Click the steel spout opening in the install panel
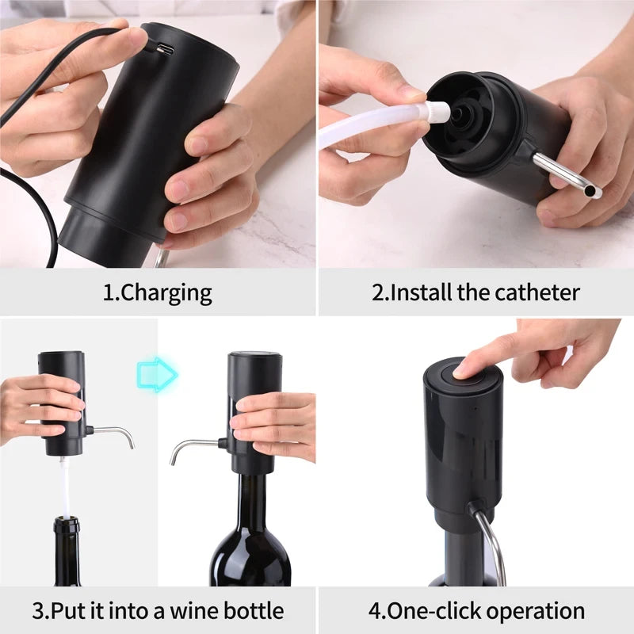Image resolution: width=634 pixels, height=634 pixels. (594, 192)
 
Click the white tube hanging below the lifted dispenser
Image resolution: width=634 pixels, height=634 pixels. (66, 483)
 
